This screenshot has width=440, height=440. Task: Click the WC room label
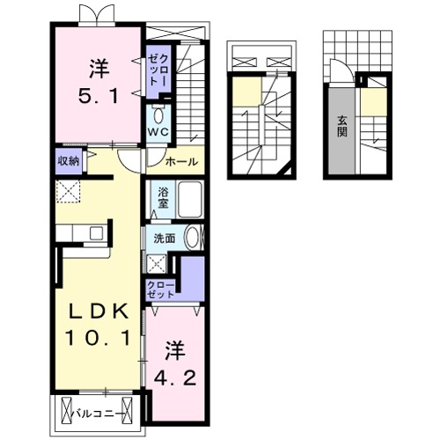[x=158, y=132]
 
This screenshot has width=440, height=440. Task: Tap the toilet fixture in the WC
[x=158, y=114]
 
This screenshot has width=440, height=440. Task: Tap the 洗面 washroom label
[x=165, y=238]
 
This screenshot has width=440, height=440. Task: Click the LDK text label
[x=99, y=310]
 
